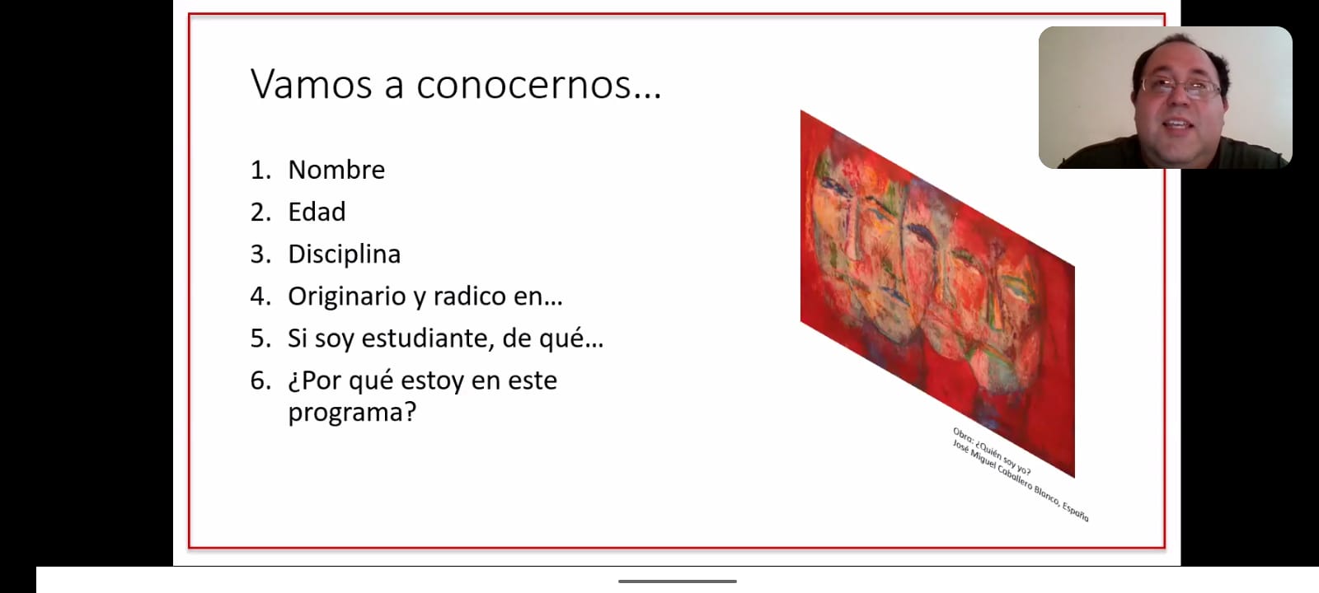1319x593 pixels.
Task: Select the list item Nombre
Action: pos(336,170)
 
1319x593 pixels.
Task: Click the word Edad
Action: pos(317,212)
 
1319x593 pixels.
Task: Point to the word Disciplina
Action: pos(345,254)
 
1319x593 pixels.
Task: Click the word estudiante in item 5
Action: pos(428,339)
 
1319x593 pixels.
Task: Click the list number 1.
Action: pos(261,170)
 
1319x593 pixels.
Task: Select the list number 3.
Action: pos(261,254)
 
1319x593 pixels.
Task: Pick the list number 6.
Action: pos(261,381)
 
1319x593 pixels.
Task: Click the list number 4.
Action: pos(261,296)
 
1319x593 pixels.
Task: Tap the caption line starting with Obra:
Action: pos(993,452)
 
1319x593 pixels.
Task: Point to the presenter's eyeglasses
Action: pos(1181,88)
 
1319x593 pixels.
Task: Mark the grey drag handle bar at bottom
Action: pos(677,581)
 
